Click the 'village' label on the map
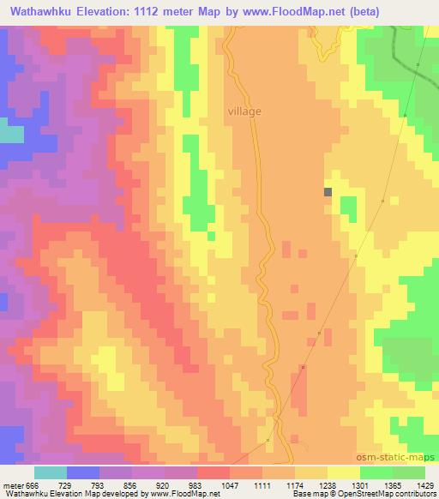click(245, 111)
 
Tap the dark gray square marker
click(328, 192)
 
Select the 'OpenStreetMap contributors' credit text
click(388, 494)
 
